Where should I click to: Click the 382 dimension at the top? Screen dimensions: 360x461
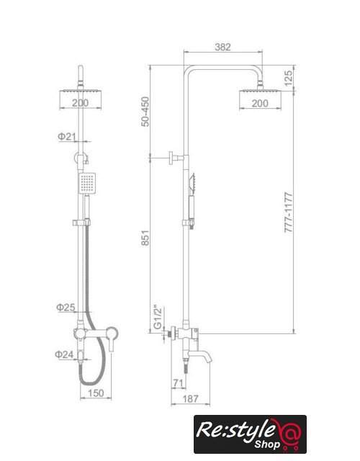coord(222,47)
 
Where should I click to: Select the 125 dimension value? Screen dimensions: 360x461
coord(288,78)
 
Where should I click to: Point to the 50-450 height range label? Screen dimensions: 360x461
coord(145,112)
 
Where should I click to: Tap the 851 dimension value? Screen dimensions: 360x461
coord(145,238)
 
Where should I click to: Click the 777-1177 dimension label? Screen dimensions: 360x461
coord(289,212)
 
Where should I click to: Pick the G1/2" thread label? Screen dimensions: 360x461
coord(158,318)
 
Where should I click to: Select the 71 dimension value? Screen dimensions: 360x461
coord(178,383)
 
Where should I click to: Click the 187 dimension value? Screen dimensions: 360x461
coord(190,399)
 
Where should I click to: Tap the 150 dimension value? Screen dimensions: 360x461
coord(96,393)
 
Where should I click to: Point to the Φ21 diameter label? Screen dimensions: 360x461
coord(67,136)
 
